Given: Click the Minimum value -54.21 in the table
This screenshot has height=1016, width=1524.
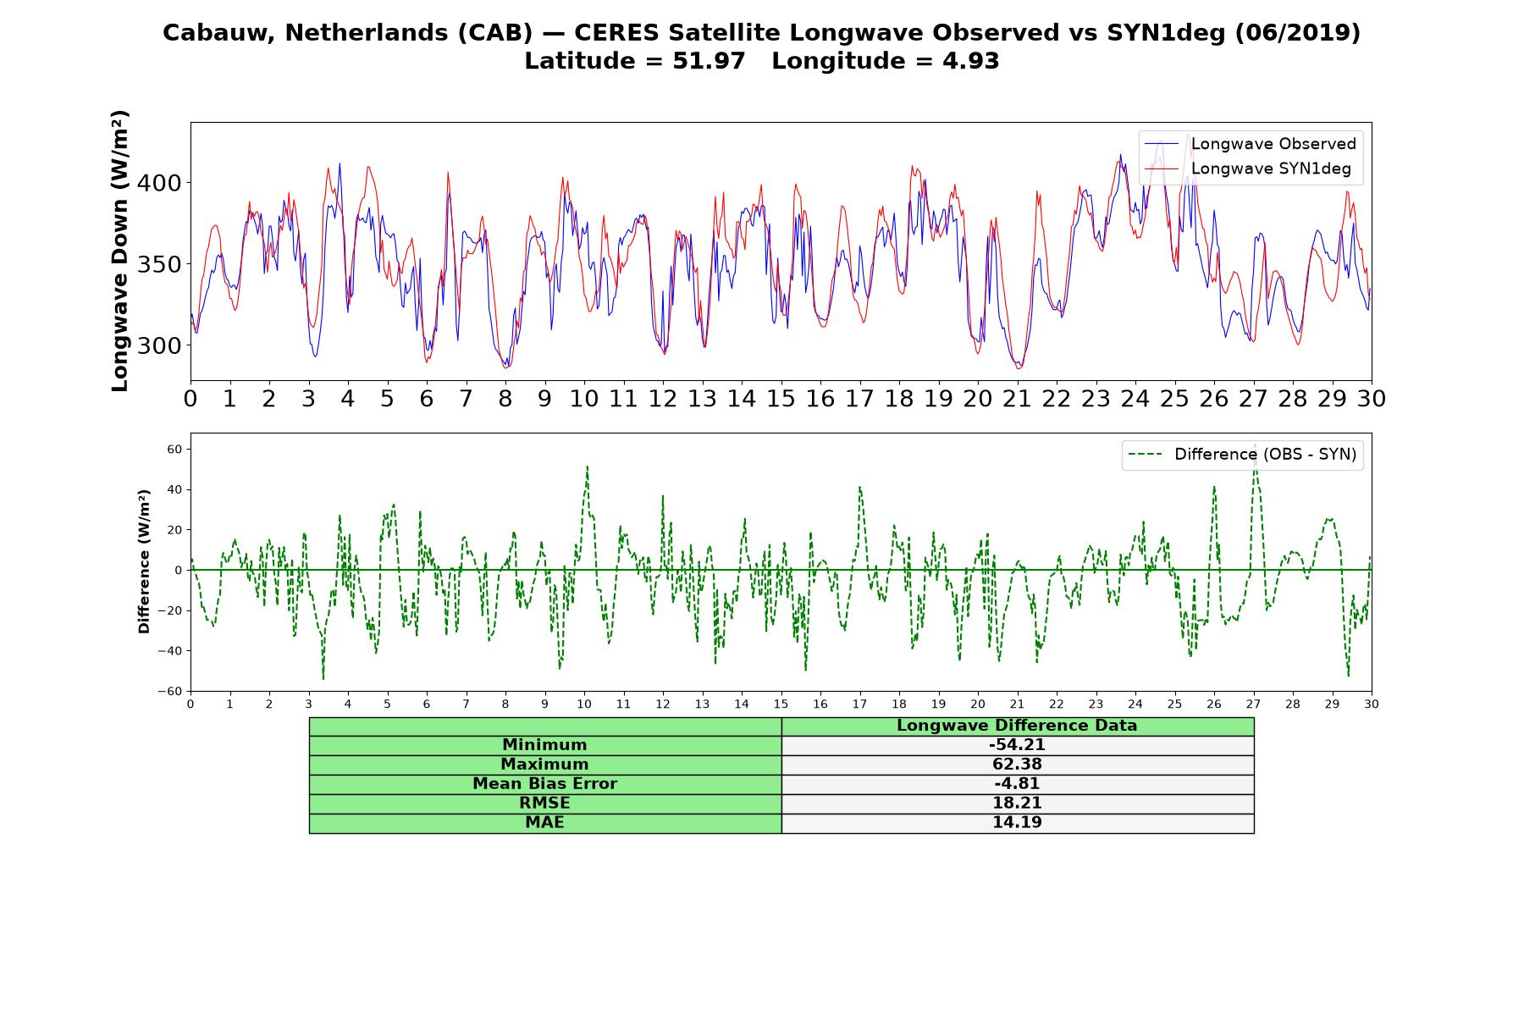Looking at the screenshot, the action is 1017,745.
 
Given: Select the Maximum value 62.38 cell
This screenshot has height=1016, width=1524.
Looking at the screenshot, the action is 1017,765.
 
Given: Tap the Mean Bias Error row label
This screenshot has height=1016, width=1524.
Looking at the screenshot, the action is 545,784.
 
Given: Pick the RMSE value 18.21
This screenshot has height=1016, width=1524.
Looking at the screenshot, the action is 1017,803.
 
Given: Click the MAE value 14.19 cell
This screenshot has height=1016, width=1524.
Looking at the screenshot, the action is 1017,823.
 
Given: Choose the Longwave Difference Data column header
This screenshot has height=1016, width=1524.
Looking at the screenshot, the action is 1017,726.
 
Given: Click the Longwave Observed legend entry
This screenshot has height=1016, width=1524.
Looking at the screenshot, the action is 1250,144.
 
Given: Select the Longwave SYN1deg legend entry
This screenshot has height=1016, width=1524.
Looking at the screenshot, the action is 1247,168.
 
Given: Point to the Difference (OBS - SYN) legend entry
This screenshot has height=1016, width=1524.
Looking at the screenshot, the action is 1242,455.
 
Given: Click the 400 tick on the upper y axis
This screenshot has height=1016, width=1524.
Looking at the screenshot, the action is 161,183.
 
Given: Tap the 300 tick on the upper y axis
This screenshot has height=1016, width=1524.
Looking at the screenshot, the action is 161,345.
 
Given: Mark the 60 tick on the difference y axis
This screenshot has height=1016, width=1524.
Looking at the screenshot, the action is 174,449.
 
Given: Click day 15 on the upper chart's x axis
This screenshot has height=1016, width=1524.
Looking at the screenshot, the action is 781,399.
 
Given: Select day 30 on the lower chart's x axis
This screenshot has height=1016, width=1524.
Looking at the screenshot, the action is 1372,704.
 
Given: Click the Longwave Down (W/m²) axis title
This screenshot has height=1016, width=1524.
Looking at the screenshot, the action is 120,251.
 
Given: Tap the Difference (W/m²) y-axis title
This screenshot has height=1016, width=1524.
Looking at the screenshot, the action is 145,561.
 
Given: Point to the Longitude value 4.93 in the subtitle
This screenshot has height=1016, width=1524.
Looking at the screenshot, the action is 971,61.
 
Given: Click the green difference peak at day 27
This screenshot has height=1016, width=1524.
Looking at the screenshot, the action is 1255,444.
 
